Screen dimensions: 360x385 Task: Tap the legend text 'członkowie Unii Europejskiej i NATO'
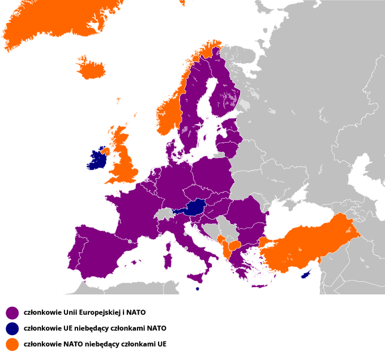point(84,312)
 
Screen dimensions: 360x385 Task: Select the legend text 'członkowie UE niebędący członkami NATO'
point(95,328)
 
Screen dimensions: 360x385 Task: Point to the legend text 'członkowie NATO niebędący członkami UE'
point(95,344)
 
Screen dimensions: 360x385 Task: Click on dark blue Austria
point(195,208)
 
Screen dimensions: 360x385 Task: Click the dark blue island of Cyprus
point(307,273)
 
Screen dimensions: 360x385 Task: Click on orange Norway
point(170,113)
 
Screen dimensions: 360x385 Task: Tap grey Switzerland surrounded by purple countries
point(165,214)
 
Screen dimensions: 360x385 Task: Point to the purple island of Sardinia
point(168,261)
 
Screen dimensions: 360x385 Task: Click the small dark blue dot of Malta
point(197,289)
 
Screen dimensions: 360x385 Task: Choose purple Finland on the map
point(224,96)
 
